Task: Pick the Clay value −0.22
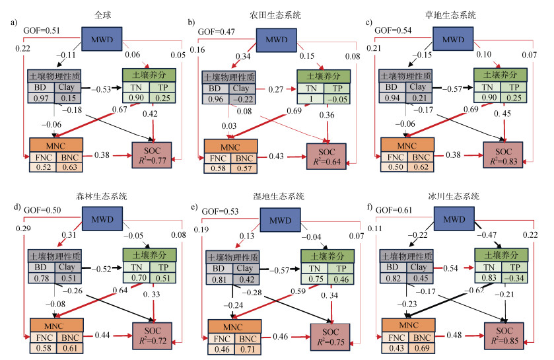tap(242, 98)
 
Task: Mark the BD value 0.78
tap(40, 278)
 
